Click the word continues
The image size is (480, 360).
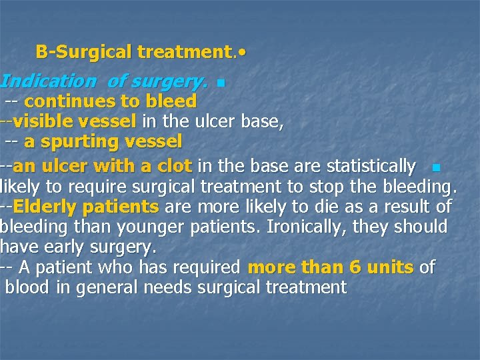click(65, 101)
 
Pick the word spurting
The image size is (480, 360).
click(90, 141)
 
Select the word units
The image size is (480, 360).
click(390, 267)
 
